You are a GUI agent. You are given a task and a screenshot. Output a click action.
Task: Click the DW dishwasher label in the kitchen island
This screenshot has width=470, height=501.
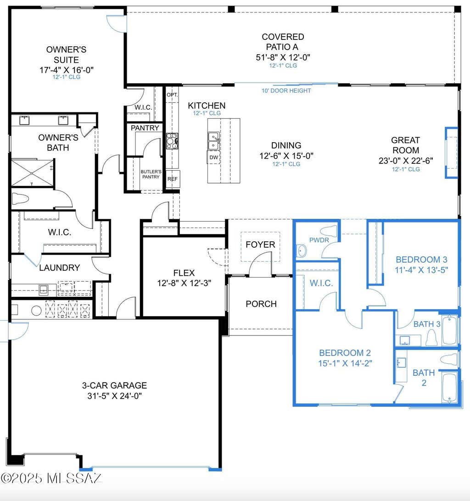click(213, 157)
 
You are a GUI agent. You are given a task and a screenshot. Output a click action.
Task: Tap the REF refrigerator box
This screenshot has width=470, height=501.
click(173, 179)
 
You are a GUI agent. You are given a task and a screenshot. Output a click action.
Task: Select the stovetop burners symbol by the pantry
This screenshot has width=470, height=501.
click(172, 141)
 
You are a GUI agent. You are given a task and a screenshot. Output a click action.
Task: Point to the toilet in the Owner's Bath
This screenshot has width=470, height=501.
click(20, 199)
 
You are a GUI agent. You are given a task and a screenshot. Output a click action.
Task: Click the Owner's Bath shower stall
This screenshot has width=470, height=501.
click(32, 173)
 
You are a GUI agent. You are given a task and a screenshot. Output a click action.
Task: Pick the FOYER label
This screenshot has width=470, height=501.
click(260, 245)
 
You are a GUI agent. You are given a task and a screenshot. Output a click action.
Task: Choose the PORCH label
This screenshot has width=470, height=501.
click(261, 304)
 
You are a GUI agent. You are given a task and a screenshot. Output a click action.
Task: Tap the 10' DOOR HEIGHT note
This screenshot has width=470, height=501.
click(286, 91)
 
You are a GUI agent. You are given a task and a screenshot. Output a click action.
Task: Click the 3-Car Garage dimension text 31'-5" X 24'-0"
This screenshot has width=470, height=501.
click(114, 396)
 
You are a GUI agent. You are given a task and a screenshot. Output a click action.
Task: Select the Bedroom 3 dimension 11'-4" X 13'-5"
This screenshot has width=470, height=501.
click(421, 270)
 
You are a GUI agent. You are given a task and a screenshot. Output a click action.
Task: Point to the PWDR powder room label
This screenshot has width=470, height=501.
click(319, 240)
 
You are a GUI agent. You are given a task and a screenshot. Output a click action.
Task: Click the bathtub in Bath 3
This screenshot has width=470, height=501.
click(450, 330)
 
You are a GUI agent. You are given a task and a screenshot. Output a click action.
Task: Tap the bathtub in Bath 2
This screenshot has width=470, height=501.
click(450, 388)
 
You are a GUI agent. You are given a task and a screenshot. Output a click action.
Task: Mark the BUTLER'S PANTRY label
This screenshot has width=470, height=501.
click(151, 174)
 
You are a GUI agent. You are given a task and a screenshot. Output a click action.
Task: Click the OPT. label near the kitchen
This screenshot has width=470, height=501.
click(172, 95)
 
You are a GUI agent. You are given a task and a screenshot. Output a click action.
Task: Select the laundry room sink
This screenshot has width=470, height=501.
click(44, 290)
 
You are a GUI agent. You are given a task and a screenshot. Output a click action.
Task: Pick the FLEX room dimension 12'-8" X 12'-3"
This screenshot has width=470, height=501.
click(184, 283)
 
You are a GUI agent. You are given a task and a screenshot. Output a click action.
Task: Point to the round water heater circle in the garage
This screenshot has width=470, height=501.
click(36, 311)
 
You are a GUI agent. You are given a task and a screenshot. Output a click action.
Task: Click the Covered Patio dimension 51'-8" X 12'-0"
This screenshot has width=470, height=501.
click(283, 57)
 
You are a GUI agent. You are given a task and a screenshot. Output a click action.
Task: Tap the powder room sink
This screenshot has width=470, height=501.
click(301, 251)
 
